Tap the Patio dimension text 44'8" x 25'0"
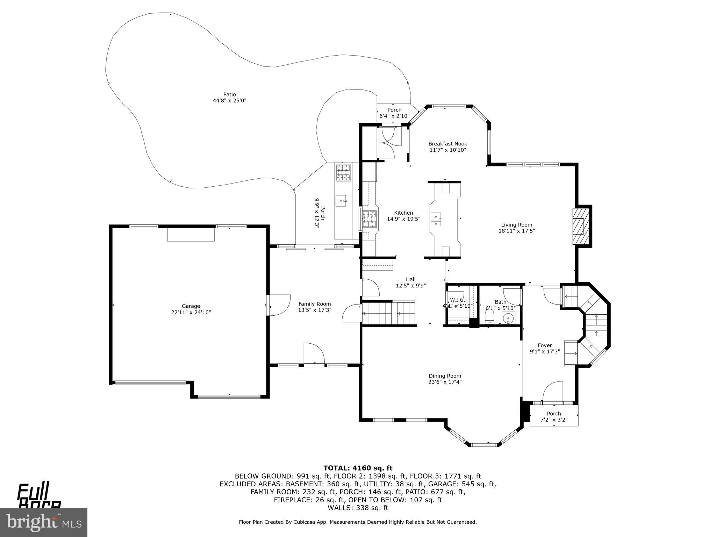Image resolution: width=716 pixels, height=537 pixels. coord(229,101)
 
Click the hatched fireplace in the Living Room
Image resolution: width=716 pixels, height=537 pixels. coord(578,226)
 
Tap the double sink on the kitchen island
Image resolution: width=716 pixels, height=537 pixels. coord(436,220)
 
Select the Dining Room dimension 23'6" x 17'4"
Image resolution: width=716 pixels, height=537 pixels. coord(445,382)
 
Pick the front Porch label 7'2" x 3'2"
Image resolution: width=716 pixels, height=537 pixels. coord(554,417)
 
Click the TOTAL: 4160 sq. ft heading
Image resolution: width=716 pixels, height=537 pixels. coord(358,468)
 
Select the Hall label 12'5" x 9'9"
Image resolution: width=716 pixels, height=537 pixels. coord(410,282)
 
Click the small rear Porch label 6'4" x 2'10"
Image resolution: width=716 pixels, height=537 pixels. coord(394,113)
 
